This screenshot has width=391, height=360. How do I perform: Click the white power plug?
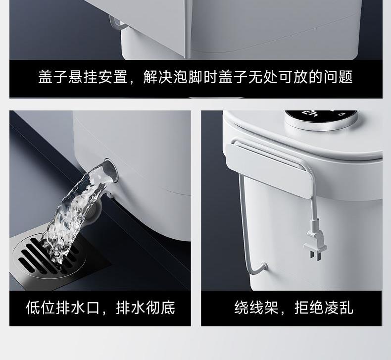pos(315,240)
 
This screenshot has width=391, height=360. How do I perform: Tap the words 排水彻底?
pos(146,308)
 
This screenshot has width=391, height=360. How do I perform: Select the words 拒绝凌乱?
pos(324,308)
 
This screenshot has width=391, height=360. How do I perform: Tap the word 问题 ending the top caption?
pos(338,77)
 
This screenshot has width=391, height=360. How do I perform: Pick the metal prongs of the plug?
pos(315,255)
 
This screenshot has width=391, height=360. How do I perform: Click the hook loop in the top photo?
pos(116,23)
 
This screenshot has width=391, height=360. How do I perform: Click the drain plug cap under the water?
pos(95,214)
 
